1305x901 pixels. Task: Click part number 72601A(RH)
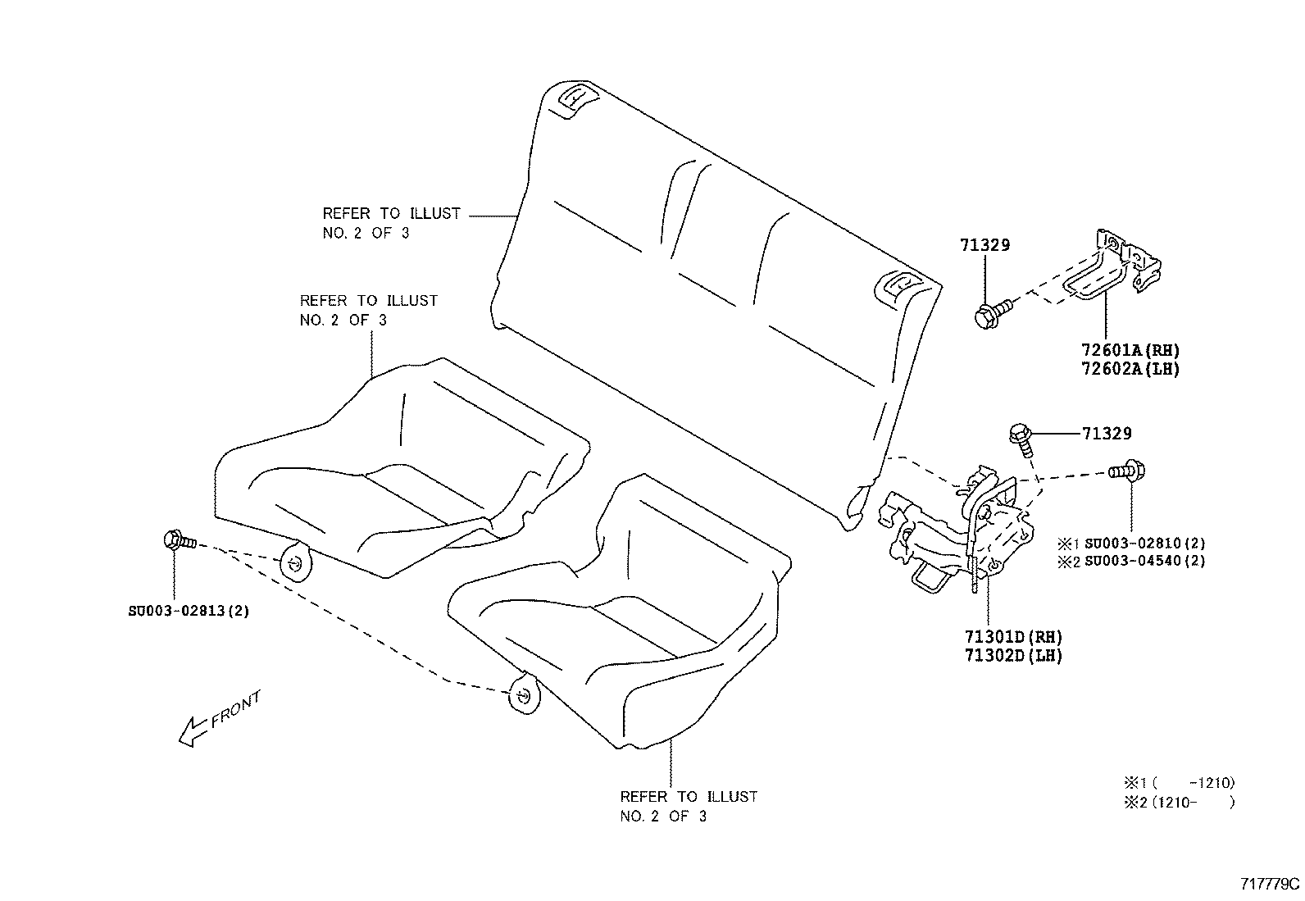tap(1129, 350)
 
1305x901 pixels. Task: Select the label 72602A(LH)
tap(1129, 369)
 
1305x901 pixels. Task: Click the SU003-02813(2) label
tap(189, 611)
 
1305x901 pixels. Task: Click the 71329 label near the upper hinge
tap(984, 245)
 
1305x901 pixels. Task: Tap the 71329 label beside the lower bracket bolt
tap(1107, 434)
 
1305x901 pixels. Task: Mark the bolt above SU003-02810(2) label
tap(1127, 471)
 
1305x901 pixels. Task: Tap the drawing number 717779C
tap(1270, 885)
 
